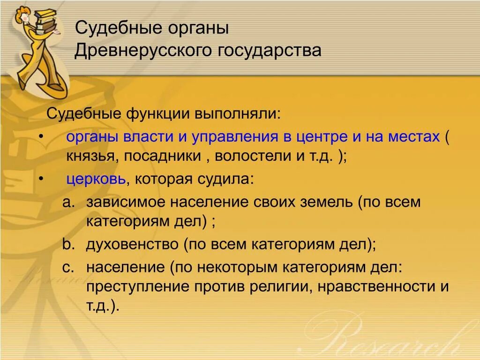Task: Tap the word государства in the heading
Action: (x=269, y=51)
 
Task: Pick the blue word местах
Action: (x=413, y=136)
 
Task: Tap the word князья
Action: (x=91, y=157)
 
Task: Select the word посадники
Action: (x=162, y=157)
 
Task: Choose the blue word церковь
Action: (x=96, y=180)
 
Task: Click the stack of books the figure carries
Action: (x=46, y=19)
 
